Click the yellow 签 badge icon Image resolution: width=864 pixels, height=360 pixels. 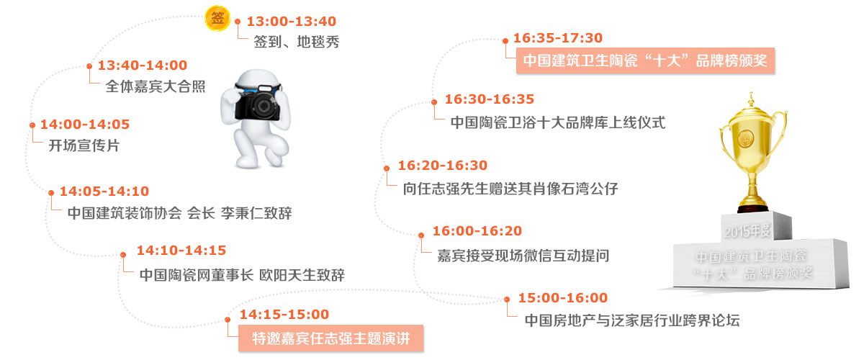(x=217, y=18)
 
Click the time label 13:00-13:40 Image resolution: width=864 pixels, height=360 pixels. (x=292, y=21)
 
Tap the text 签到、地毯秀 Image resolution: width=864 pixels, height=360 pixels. (x=296, y=42)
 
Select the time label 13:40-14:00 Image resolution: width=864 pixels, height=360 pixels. (x=143, y=66)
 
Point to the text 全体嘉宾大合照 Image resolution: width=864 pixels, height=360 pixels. (x=156, y=86)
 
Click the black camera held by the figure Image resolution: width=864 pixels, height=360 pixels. (x=258, y=102)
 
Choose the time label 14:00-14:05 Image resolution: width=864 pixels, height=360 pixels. (x=85, y=125)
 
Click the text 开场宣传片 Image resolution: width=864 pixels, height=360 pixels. (x=84, y=145)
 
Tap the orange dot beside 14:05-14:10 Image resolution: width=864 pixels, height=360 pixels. (x=51, y=192)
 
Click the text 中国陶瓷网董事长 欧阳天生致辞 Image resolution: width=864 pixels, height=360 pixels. (x=242, y=275)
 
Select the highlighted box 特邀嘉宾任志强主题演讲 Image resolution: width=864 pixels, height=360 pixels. (x=331, y=338)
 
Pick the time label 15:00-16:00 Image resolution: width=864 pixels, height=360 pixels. (x=563, y=298)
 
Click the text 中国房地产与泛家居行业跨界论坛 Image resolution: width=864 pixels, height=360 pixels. (x=632, y=320)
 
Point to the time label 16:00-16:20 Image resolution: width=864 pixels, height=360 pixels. (x=477, y=230)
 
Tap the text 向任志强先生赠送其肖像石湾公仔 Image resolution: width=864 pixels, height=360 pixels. (x=510, y=189)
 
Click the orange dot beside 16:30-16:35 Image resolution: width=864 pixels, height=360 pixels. (x=434, y=102)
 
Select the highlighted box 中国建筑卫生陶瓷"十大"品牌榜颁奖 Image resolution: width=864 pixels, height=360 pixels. (x=646, y=60)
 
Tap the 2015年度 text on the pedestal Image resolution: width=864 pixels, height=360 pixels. (x=747, y=232)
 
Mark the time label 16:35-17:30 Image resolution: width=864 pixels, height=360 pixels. (x=558, y=38)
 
